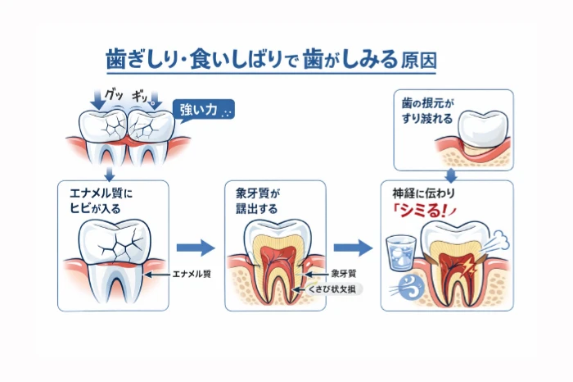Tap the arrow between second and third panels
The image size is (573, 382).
(x=353, y=247)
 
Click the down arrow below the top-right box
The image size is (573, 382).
(x=450, y=174)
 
